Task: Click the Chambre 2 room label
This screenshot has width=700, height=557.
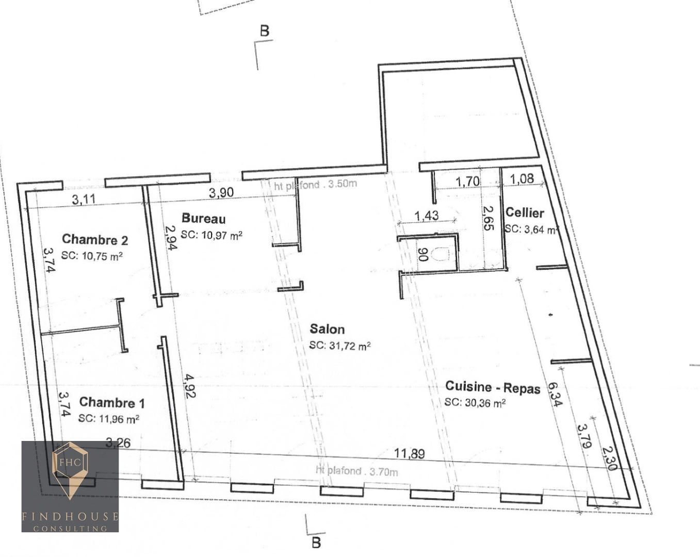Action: pyautogui.click(x=95, y=240)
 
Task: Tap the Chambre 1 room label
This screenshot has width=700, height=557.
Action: pyautogui.click(x=112, y=402)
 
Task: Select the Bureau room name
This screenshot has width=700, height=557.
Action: pyautogui.click(x=204, y=219)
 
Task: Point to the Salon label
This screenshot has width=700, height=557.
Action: pyautogui.click(x=327, y=329)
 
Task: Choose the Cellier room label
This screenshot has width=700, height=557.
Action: pyautogui.click(x=525, y=212)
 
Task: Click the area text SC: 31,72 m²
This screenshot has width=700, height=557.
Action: pyautogui.click(x=340, y=346)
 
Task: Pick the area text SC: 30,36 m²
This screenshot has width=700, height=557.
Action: pyautogui.click(x=475, y=403)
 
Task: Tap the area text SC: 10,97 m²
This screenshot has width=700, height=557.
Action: pyautogui.click(x=211, y=235)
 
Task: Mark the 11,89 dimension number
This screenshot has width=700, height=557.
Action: pyautogui.click(x=410, y=453)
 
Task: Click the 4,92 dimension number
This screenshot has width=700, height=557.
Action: pyautogui.click(x=188, y=386)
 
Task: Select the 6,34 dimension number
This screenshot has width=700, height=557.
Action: pyautogui.click(x=555, y=394)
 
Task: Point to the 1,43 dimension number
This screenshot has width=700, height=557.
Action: pyautogui.click(x=427, y=216)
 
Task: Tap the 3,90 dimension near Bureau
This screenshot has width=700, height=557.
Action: pyautogui.click(x=221, y=193)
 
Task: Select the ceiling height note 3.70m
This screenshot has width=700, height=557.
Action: pyautogui.click(x=357, y=471)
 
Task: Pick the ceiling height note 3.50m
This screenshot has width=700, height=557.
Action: pyautogui.click(x=315, y=184)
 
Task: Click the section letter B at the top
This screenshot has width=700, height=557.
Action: pyautogui.click(x=265, y=31)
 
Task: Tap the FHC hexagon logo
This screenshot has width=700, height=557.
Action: pyautogui.click(x=70, y=462)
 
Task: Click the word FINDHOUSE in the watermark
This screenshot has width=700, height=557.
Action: pyautogui.click(x=70, y=516)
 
